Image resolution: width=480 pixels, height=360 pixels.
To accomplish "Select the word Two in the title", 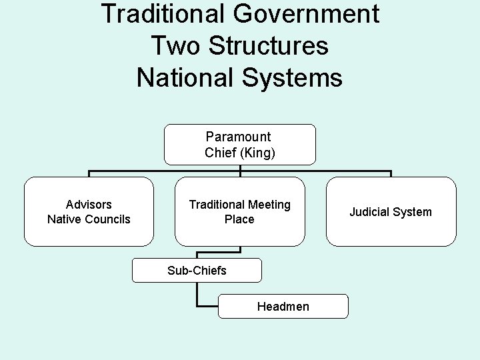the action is point(175,46).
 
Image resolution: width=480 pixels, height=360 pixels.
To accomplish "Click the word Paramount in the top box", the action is point(238,137).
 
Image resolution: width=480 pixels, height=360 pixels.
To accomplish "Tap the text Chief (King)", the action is point(240,153).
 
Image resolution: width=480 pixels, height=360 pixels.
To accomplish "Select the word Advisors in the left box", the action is point(89,204).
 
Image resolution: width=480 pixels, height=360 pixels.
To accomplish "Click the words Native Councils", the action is point(89,219).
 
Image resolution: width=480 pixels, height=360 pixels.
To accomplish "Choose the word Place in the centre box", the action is point(239,219).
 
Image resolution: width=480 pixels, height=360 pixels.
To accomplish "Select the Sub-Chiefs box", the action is point(197,270).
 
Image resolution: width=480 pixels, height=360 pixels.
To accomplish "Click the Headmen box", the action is point(283,306).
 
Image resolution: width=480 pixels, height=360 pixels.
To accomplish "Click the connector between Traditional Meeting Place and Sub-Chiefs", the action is point(240,250).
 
